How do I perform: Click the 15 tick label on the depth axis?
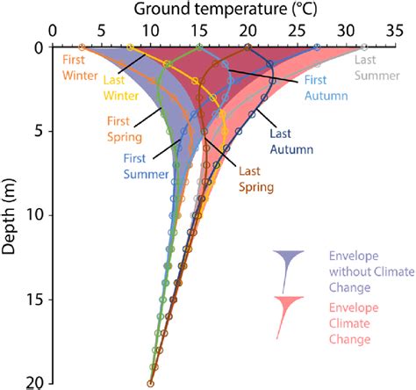coord(36,300)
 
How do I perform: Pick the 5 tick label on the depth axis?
coord(39,131)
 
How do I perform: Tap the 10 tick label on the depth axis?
coord(36,215)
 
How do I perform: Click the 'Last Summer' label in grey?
coord(375,69)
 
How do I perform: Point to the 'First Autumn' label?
coord(326,86)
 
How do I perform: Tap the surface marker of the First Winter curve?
coord(82,47)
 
